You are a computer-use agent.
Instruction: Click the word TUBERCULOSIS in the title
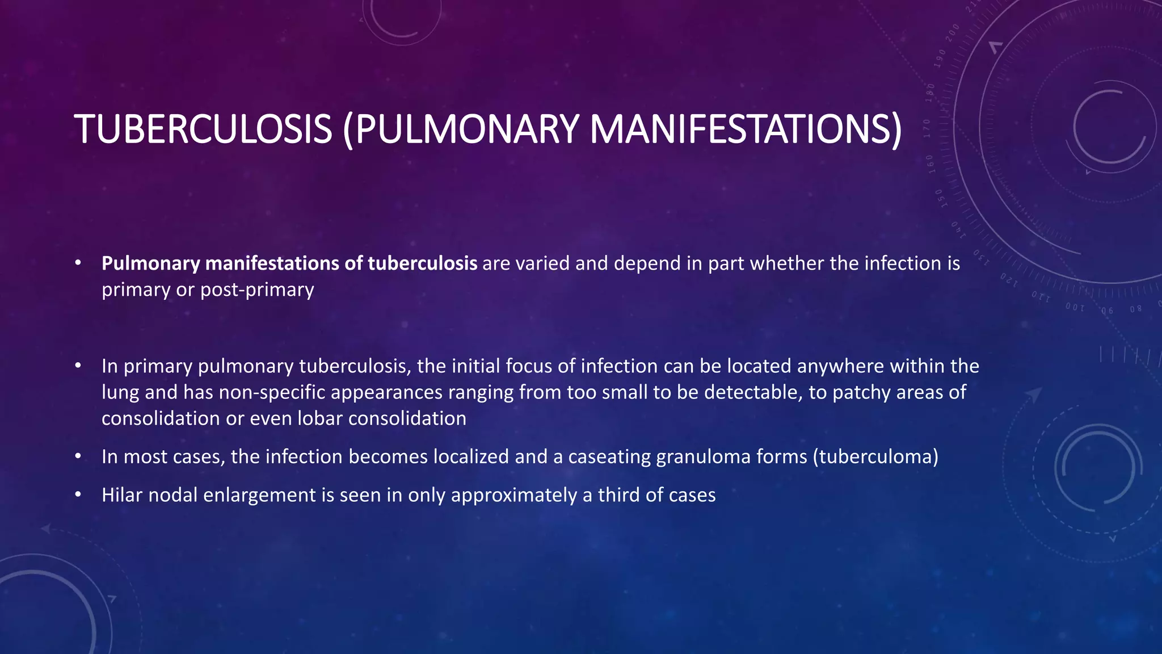point(203,129)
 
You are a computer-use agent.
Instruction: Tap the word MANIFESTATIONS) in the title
point(745,129)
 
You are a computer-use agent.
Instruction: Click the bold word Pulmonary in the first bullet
point(151,263)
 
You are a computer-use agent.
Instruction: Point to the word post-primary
point(257,290)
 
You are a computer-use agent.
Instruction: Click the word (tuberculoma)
point(875,456)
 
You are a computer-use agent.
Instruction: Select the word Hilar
point(122,495)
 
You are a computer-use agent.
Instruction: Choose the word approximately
point(513,495)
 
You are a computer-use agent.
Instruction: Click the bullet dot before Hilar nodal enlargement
point(78,495)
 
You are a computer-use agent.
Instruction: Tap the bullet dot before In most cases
point(78,456)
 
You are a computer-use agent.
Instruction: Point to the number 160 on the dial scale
point(930,162)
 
